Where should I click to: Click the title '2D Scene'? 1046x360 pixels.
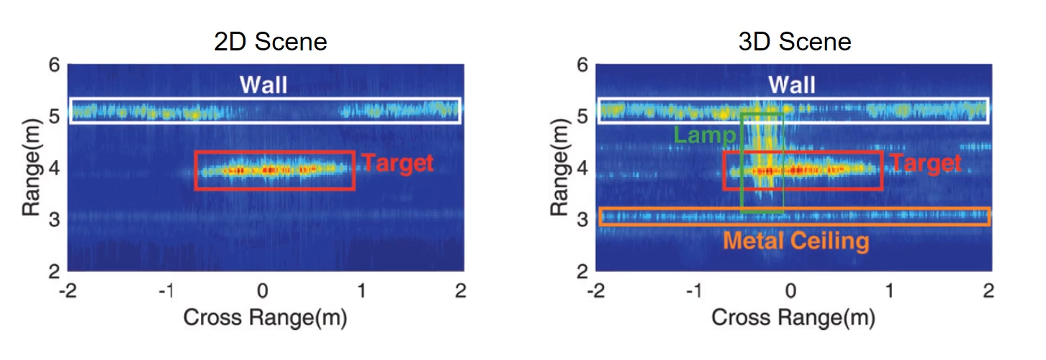tap(271, 41)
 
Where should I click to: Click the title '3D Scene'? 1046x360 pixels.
tap(795, 41)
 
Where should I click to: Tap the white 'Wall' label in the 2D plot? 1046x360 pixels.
tap(263, 85)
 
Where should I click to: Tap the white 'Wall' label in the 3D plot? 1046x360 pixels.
tap(792, 85)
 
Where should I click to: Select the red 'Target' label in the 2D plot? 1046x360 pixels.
tap(398, 163)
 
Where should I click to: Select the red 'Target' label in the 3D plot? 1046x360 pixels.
tap(926, 163)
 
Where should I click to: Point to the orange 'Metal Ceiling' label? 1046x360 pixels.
tap(796, 240)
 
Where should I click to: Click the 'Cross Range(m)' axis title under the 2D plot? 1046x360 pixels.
tap(265, 318)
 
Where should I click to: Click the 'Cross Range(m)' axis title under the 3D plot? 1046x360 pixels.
tap(793, 318)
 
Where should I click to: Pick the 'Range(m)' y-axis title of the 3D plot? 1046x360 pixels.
tap(559, 168)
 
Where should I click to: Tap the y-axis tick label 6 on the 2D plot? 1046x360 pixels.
tap(54, 66)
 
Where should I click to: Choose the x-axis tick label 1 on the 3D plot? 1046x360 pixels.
tap(890, 291)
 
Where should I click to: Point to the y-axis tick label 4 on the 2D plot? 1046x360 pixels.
tap(54, 168)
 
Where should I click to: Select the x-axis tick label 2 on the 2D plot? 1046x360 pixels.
tap(461, 291)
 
